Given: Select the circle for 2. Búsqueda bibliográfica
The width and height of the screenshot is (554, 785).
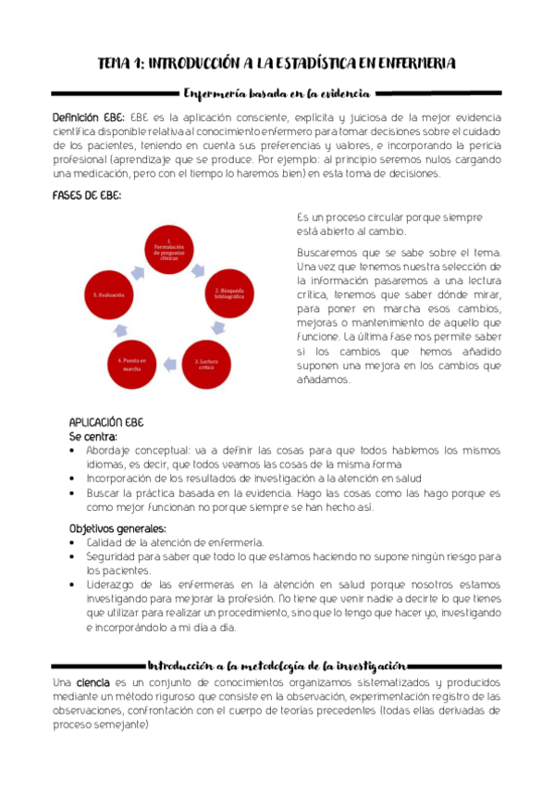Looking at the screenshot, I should [x=228, y=293].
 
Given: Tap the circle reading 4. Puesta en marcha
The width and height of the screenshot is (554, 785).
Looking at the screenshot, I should [x=132, y=362].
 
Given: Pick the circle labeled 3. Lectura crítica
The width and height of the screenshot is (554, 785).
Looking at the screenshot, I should [x=210, y=362].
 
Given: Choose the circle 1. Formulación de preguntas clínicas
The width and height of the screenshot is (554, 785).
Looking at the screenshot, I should [x=169, y=250].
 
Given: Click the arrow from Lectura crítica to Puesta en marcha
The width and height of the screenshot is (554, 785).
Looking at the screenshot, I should [x=170, y=367].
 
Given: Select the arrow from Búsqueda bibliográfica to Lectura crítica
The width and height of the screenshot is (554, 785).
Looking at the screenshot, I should [x=219, y=327].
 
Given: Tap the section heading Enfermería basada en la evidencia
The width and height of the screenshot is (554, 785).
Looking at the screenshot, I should [x=277, y=93].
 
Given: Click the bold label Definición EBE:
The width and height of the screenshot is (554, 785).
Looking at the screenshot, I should [x=89, y=118].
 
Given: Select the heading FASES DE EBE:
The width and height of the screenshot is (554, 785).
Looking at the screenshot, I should [x=87, y=196].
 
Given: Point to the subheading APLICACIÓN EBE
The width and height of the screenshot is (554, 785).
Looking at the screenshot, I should [x=106, y=421].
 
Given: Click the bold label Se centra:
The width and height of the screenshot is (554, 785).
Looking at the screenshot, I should [x=93, y=434].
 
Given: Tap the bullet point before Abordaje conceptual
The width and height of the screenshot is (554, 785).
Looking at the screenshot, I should [x=74, y=451].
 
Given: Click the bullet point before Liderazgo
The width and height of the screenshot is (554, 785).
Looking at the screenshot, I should [x=74, y=586].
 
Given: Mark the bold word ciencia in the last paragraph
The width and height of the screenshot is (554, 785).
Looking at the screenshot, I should [x=92, y=682].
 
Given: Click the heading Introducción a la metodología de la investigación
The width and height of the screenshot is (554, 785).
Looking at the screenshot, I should [x=277, y=666].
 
